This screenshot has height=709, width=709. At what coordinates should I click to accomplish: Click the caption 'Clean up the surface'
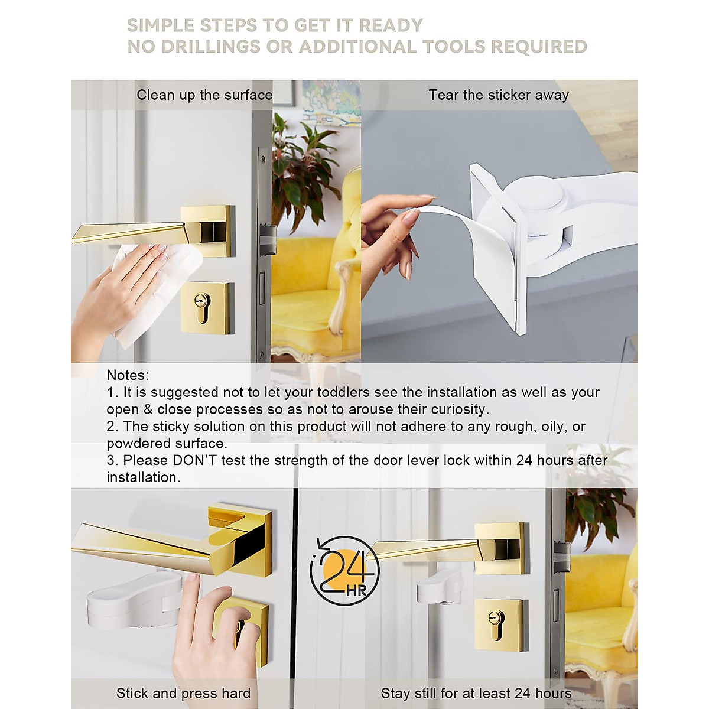[x=204, y=95]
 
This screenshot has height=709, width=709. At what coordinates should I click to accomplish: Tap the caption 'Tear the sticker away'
[x=499, y=95]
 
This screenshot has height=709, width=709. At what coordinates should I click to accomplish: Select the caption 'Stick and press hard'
[x=183, y=693]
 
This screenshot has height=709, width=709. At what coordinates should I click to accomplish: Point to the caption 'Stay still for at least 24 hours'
[x=476, y=693]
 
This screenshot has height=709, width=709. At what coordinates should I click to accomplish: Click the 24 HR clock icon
[x=344, y=571]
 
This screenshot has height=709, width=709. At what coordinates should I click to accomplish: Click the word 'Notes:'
[x=128, y=375]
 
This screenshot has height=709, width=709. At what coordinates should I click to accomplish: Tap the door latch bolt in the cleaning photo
[x=268, y=239]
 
